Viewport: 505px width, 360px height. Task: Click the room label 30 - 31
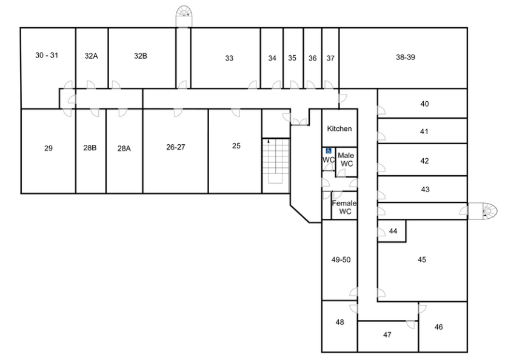click(47, 55)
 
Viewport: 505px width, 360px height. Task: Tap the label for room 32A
click(91, 56)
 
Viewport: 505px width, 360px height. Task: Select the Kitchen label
click(339, 128)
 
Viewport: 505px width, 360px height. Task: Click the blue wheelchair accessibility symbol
click(329, 151)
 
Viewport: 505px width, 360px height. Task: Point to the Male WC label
click(346, 159)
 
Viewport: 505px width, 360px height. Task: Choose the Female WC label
click(344, 207)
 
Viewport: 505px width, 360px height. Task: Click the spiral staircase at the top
click(184, 16)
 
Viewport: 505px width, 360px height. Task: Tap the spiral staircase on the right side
click(483, 211)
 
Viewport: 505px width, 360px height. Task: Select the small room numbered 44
click(393, 231)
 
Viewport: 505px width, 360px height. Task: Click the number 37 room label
click(330, 58)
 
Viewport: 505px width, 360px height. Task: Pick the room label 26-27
click(176, 147)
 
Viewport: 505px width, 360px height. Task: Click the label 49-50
click(341, 259)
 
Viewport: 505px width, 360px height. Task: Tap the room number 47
click(387, 335)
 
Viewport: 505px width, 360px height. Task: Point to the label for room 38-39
click(406, 58)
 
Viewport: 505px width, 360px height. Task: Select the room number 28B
click(90, 148)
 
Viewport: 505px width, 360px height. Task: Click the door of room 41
click(382, 136)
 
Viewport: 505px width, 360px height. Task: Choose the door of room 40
click(382, 110)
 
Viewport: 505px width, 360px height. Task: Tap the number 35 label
click(292, 58)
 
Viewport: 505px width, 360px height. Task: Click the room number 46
click(439, 327)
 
